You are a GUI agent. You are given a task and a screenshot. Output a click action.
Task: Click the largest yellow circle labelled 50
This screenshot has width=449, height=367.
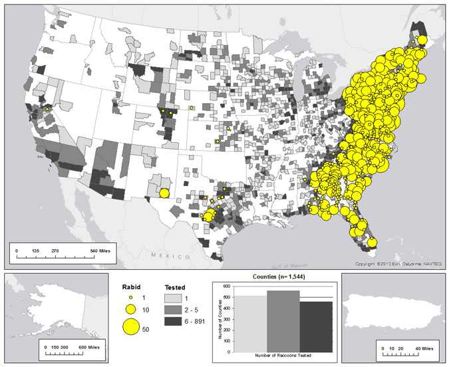pyautogui.click(x=131, y=326)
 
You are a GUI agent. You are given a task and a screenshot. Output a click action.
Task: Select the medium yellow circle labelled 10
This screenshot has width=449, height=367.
pyautogui.click(x=131, y=310)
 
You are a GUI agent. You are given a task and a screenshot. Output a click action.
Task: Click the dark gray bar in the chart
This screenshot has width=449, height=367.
pyautogui.click(x=315, y=326)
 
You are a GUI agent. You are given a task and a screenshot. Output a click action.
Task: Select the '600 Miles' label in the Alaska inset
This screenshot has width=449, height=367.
pyautogui.click(x=84, y=347)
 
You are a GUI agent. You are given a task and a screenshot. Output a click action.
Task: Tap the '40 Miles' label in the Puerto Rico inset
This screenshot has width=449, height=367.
pyautogui.click(x=422, y=347)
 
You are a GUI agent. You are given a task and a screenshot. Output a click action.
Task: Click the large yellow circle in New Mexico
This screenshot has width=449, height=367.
pyautogui.click(x=165, y=193)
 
